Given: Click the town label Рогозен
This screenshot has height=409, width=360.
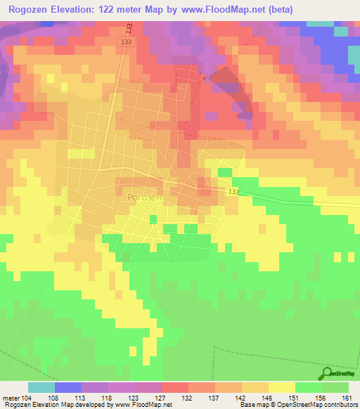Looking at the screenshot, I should click(146, 197).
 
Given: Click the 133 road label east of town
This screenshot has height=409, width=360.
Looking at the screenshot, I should click(233, 192).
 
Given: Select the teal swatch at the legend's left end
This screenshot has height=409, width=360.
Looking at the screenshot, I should click(41, 387).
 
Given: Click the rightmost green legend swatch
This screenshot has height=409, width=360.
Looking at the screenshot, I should click(335, 387).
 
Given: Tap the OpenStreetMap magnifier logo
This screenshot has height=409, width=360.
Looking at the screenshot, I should click(328, 373).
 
